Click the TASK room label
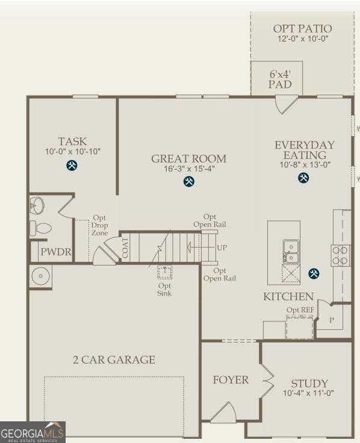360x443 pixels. (x=72, y=141)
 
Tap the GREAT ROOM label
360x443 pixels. (x=189, y=158)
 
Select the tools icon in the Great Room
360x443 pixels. (x=189, y=181)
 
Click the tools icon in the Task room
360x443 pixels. (x=72, y=166)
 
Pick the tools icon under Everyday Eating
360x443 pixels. (x=303, y=178)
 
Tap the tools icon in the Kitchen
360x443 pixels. (x=314, y=273)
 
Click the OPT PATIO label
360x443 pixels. (x=302, y=28)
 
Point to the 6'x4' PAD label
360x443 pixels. (x=280, y=79)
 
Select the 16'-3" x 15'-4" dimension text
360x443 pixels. (x=189, y=169)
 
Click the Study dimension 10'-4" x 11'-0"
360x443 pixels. (x=308, y=393)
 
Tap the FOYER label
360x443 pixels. (x=231, y=380)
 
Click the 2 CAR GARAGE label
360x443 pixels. (x=114, y=360)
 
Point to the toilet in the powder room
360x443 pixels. (x=40, y=228)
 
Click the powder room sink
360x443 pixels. (x=37, y=205)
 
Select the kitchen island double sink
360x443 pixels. (x=291, y=252)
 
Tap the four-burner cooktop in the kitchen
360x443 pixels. (x=340, y=255)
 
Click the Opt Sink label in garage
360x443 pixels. (x=164, y=290)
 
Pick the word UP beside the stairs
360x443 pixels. (x=222, y=247)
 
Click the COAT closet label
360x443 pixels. (x=125, y=248)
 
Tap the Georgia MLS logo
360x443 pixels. (x=33, y=432)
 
